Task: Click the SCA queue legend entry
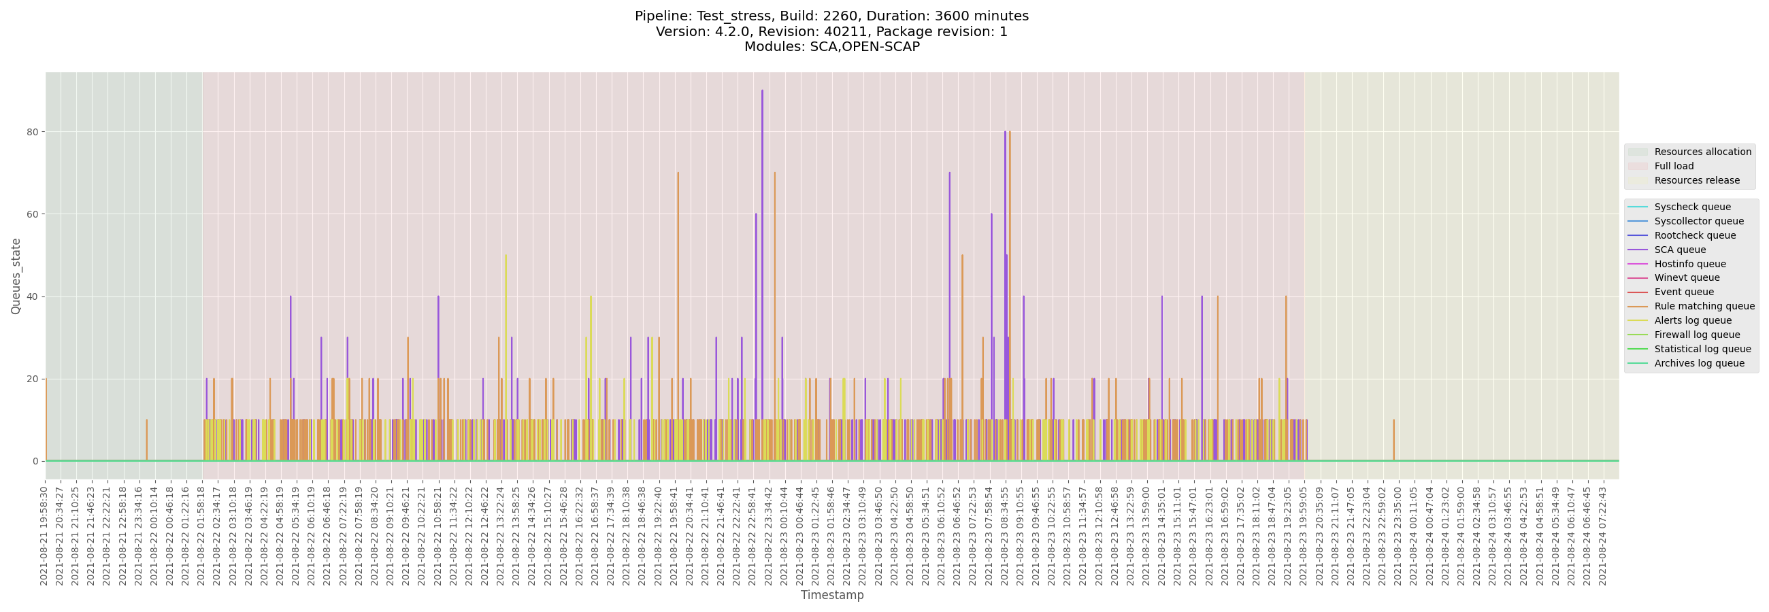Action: click(x=1680, y=250)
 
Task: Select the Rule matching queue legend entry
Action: click(x=1704, y=307)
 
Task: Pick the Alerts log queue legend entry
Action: click(x=1693, y=320)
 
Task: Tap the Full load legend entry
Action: click(x=1674, y=166)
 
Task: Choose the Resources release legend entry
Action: click(x=1696, y=180)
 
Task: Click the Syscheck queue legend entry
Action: click(x=1692, y=207)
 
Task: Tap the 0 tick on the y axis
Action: click(x=34, y=461)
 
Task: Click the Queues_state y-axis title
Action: click(x=16, y=276)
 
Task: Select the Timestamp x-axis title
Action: click(x=831, y=595)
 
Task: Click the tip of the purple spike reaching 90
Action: click(x=761, y=91)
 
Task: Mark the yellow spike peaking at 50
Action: click(x=506, y=256)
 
